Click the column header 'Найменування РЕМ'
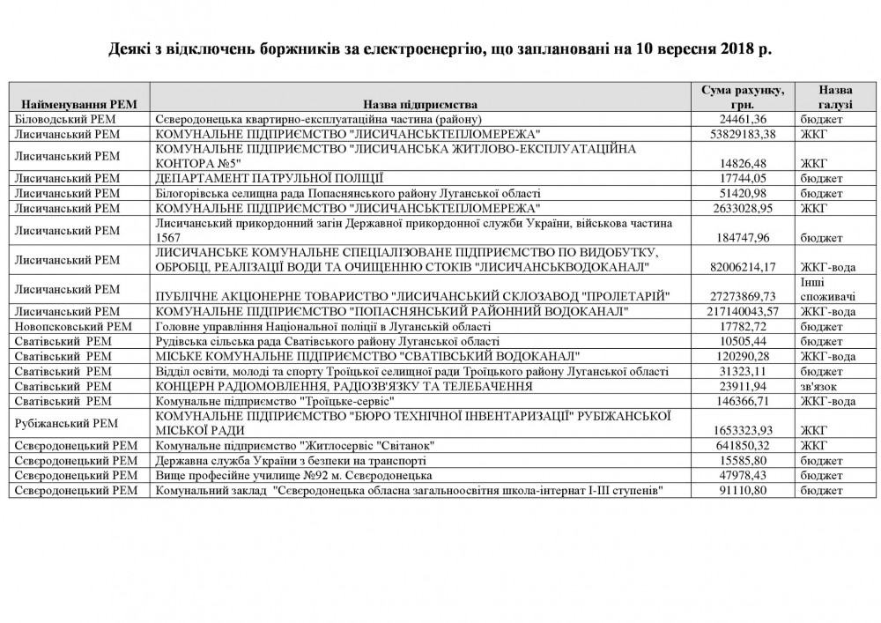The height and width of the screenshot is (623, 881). (x=77, y=103)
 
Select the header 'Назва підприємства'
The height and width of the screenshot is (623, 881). (x=421, y=103)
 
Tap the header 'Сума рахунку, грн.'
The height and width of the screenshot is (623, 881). (x=747, y=97)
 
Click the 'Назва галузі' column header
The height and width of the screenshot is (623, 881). (x=833, y=97)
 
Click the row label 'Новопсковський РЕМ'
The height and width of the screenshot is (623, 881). (x=64, y=326)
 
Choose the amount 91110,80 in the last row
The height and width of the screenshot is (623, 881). (x=755, y=490)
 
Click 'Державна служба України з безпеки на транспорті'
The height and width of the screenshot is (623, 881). (x=291, y=460)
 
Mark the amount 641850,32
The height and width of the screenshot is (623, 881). (x=753, y=445)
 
